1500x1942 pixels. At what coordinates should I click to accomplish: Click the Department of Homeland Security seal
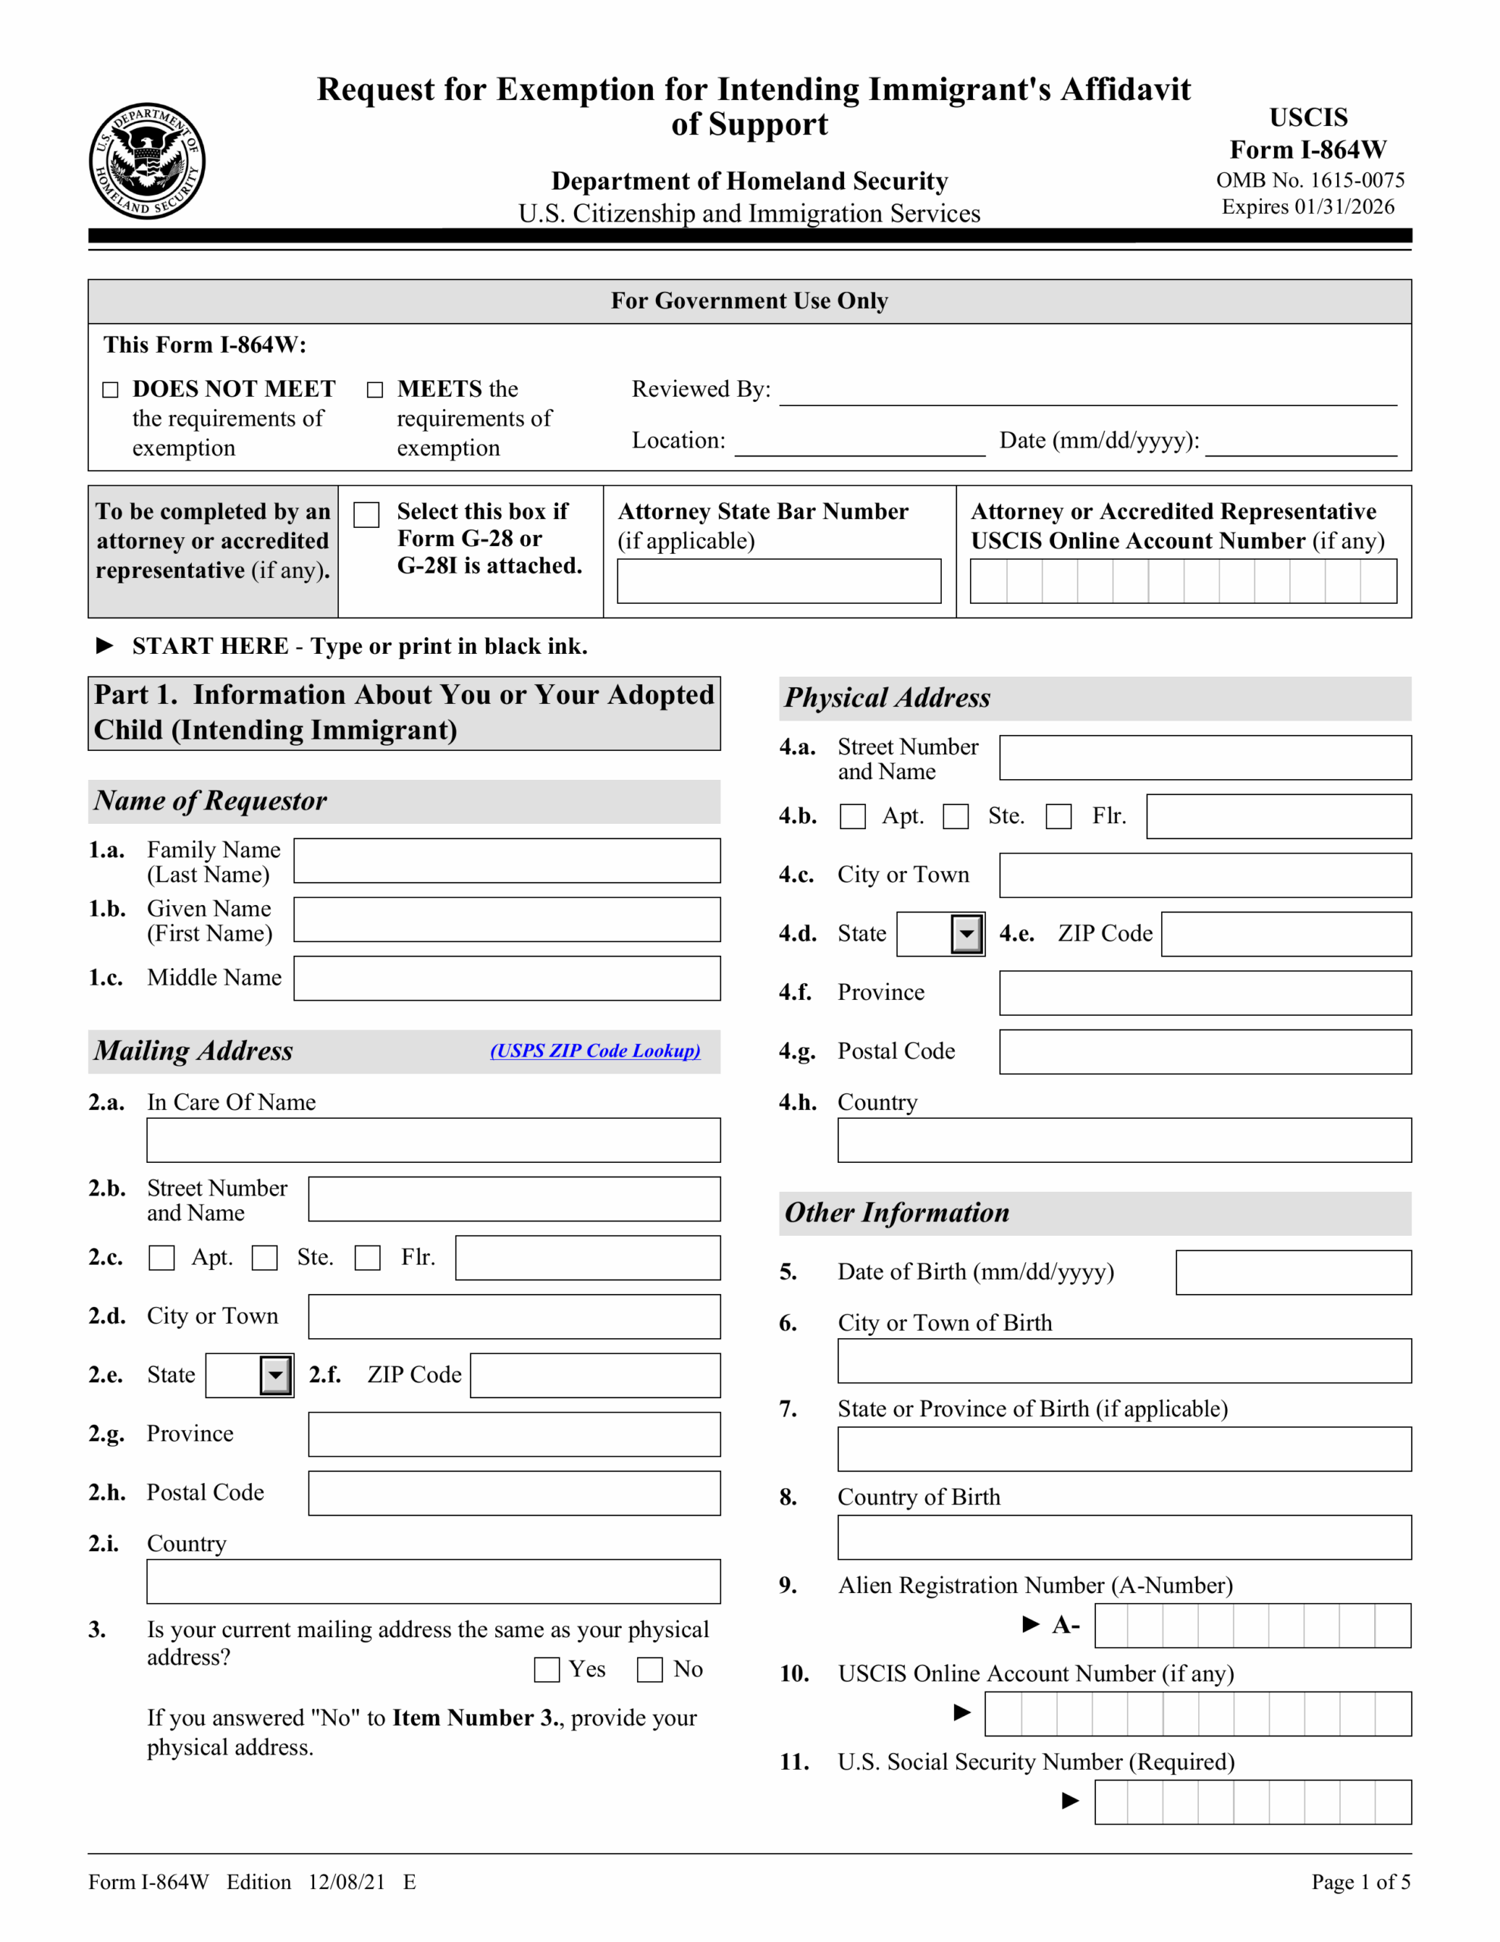[x=148, y=161]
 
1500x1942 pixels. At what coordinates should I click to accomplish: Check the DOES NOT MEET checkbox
[x=110, y=389]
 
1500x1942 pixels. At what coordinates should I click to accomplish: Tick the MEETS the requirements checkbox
[x=375, y=389]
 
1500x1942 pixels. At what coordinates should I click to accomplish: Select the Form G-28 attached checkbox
[x=366, y=515]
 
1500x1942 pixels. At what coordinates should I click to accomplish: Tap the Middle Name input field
[x=507, y=978]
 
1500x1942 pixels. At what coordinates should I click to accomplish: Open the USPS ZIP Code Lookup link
[x=595, y=1050]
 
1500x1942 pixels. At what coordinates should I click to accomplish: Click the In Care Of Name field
[x=433, y=1140]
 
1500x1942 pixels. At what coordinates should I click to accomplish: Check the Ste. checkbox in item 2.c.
[x=264, y=1257]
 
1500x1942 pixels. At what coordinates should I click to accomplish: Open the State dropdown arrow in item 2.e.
[x=275, y=1375]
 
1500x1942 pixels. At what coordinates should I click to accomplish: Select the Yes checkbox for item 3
[x=547, y=1669]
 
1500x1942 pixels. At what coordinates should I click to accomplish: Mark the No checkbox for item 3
[x=650, y=1669]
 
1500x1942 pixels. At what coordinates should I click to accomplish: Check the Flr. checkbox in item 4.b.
[x=1058, y=816]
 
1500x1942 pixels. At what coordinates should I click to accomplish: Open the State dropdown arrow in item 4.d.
[x=967, y=935]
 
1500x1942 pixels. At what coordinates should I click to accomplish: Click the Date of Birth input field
[x=1293, y=1272]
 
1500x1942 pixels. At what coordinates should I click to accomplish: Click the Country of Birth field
[x=1124, y=1538]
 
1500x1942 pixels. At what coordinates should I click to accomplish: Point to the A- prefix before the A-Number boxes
[x=1065, y=1626]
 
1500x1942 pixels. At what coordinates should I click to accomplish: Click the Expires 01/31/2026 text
[x=1307, y=206]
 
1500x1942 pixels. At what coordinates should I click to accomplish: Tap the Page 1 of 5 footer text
[x=1360, y=1881]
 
